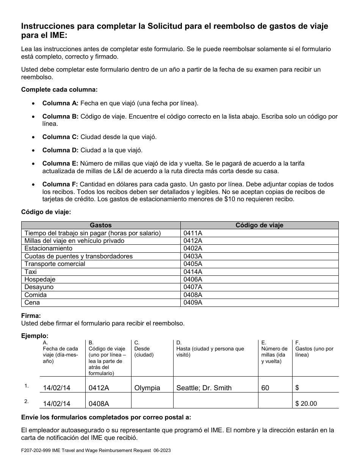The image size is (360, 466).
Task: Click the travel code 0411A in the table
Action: [193, 233]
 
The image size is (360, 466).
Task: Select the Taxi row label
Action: [31, 272]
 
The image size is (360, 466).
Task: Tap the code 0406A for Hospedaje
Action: [193, 279]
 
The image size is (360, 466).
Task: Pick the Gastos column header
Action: [101, 225]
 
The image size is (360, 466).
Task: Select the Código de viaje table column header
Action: [259, 225]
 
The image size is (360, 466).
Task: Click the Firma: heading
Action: [31, 316]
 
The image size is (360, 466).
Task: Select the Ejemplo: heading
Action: [35, 336]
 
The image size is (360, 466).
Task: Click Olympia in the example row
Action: [147, 388]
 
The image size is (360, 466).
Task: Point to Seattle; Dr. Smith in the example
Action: [204, 388]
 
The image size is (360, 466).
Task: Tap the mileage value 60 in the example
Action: [265, 388]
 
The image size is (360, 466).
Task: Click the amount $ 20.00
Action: [306, 403]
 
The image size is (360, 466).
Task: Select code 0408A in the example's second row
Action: [99, 403]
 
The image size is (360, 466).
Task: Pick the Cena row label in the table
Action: [32, 302]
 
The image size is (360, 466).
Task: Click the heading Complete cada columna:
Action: [59, 89]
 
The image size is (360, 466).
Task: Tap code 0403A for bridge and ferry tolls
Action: [193, 256]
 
